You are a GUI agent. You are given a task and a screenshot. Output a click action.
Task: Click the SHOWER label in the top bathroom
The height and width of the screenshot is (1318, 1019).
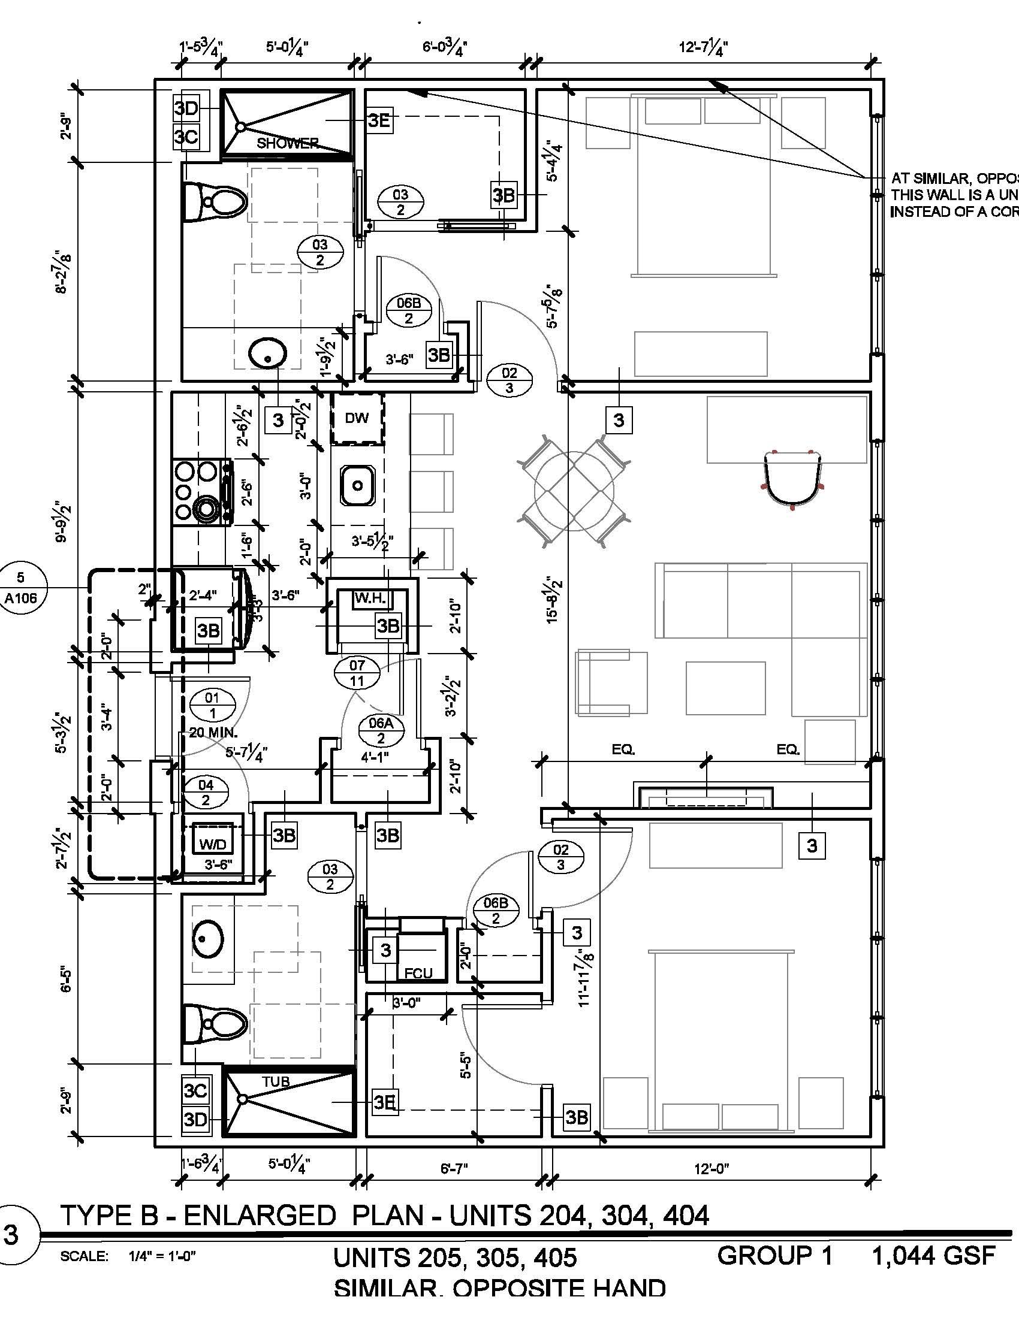point(287,143)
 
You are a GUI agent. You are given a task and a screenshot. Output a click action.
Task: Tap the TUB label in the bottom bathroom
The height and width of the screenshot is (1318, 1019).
point(276,1082)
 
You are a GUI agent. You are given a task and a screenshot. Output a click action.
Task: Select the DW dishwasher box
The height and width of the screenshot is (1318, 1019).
point(357,418)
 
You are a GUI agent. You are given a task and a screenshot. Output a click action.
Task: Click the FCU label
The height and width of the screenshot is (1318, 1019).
point(418,974)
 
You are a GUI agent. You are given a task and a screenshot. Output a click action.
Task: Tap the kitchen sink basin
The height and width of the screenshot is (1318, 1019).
point(357,485)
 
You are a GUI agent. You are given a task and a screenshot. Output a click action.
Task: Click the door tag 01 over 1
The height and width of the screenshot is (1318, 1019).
point(212,705)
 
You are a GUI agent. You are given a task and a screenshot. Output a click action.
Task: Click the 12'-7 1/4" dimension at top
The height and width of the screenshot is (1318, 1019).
point(703,47)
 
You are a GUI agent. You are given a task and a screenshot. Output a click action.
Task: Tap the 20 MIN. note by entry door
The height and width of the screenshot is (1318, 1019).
point(213,733)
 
